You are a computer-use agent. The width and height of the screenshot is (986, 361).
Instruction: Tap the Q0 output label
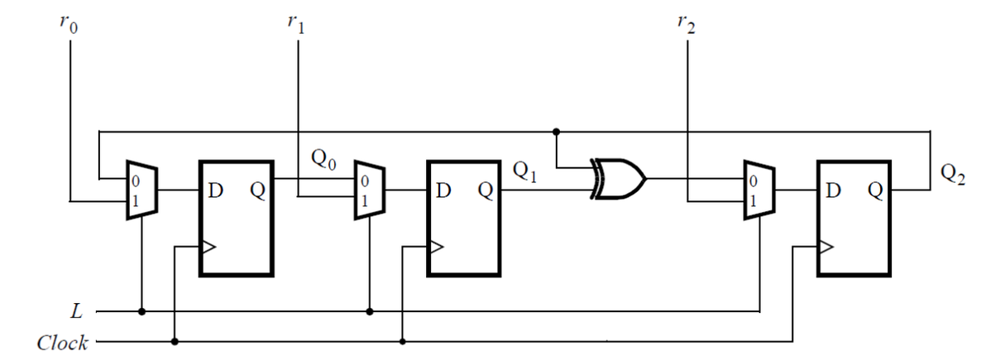click(323, 157)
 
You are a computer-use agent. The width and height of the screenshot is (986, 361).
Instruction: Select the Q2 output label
click(954, 175)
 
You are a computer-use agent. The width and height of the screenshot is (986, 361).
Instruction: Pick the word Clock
click(62, 342)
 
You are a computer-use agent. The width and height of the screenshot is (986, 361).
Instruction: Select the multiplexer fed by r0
click(141, 190)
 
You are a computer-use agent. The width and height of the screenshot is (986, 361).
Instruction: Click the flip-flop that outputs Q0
click(236, 218)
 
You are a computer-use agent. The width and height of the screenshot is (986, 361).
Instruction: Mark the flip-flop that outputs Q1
click(463, 218)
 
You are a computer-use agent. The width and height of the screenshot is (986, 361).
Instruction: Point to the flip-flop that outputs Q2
click(854, 218)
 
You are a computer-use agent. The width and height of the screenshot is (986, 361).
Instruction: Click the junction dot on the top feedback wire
click(556, 131)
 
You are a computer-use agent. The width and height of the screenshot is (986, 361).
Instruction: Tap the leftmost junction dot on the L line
click(142, 312)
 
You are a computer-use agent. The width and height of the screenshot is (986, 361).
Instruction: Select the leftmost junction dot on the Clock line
click(175, 341)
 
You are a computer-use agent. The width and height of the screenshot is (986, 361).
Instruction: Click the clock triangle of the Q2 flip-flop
click(825, 246)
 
